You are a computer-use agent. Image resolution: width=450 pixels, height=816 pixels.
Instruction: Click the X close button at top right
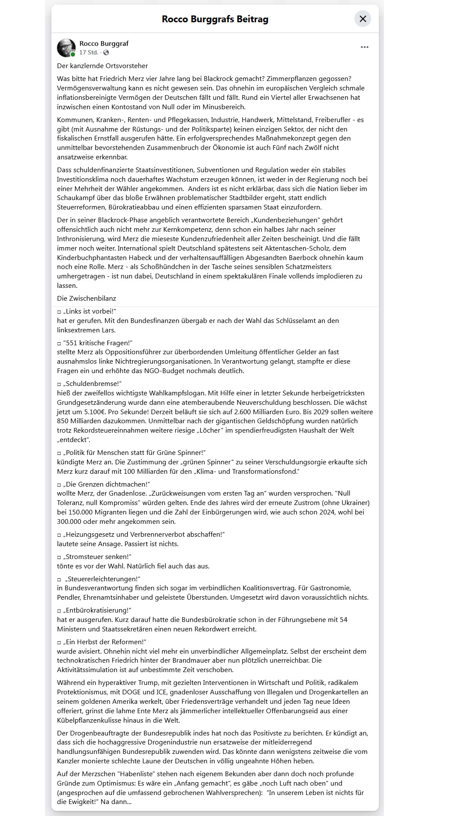(363, 19)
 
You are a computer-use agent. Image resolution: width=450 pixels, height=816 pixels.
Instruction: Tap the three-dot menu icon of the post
(365, 47)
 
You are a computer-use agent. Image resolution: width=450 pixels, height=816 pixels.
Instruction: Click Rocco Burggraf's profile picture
(66, 48)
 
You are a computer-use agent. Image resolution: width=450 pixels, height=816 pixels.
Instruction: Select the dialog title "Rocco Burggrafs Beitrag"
(215, 19)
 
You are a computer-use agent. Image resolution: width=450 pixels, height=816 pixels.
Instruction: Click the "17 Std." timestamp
(88, 52)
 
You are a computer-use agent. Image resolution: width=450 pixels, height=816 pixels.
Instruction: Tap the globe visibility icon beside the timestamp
(106, 52)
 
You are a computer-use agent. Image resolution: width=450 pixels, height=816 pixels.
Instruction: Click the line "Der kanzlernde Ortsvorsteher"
(102, 66)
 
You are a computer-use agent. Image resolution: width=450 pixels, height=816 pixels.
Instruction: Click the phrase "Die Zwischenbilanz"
(87, 298)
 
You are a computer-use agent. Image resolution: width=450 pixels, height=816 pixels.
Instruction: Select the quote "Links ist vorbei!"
(90, 311)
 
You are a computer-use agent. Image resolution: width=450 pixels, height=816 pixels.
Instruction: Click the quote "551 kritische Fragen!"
(98, 343)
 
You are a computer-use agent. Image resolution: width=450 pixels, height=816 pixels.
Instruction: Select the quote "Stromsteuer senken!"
(97, 556)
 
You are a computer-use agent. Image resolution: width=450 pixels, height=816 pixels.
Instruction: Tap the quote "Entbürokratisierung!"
(97, 610)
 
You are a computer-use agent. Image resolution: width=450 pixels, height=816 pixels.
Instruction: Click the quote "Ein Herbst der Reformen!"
(105, 642)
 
